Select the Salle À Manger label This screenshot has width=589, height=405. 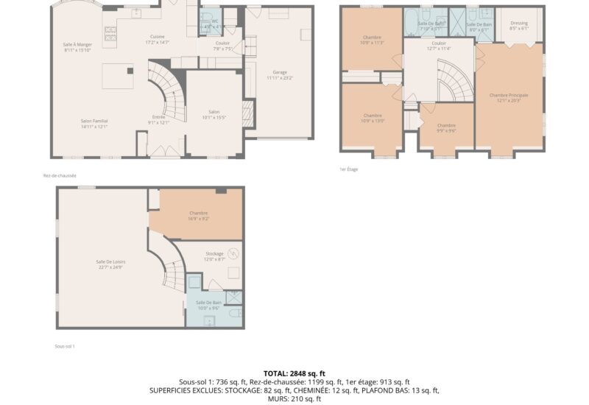(x=77, y=45)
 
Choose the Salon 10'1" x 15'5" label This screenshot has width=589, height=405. (x=215, y=112)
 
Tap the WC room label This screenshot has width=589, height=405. (x=214, y=21)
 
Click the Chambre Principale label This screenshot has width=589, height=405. (x=509, y=95)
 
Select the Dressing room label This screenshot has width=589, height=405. (x=518, y=23)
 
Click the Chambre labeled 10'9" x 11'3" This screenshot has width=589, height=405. (x=372, y=38)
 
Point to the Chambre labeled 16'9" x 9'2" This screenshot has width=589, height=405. (x=199, y=214)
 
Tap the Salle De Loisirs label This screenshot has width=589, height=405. (x=109, y=262)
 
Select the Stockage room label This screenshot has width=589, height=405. (x=214, y=253)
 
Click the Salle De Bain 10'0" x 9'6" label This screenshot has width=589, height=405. (x=209, y=303)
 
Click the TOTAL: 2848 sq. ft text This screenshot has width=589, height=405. (x=294, y=373)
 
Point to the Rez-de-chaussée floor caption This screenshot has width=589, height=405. (x=60, y=175)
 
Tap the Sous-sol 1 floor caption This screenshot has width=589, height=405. (x=65, y=346)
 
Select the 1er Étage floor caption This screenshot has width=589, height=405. (x=348, y=169)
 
